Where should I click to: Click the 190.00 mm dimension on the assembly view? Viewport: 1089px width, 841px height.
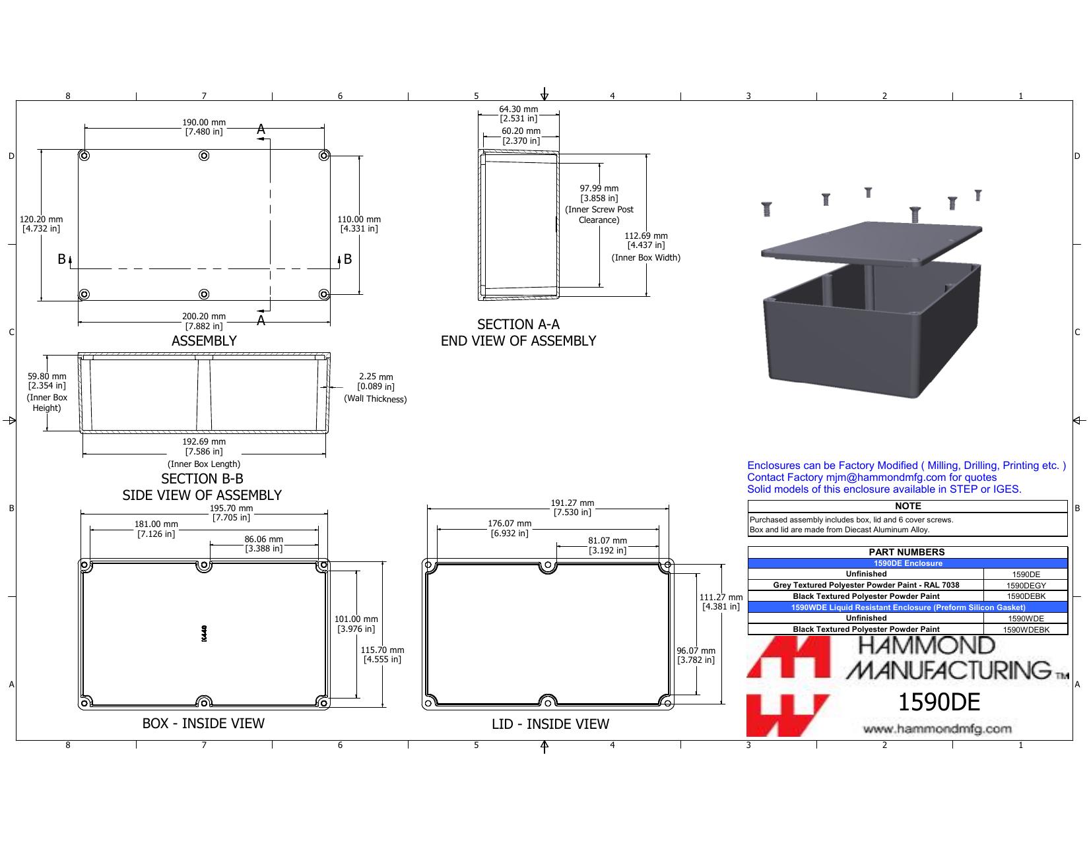pyautogui.click(x=204, y=122)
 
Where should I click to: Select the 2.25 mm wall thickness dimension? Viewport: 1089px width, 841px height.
pyautogui.click(x=376, y=377)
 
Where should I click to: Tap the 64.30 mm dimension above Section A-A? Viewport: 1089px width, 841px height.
pyautogui.click(x=518, y=109)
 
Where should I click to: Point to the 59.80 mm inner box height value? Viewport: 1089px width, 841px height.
pyautogui.click(x=47, y=376)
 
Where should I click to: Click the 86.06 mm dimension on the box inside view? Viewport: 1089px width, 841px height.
pyautogui.click(x=263, y=540)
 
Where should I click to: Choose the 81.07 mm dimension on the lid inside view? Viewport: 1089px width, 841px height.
pyautogui.click(x=607, y=541)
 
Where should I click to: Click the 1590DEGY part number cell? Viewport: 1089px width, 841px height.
pyautogui.click(x=1026, y=586)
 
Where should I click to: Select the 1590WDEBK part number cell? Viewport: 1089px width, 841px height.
pyautogui.click(x=1026, y=630)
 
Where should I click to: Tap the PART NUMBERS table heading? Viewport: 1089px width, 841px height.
pyautogui.click(x=907, y=552)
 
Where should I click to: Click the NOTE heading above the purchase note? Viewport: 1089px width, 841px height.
pyautogui.click(x=908, y=506)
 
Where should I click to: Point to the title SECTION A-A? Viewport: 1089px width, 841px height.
pyautogui.click(x=518, y=325)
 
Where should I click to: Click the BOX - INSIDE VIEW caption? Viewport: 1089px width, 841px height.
pyautogui.click(x=203, y=724)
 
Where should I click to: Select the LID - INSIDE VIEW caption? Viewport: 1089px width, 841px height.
pyautogui.click(x=550, y=724)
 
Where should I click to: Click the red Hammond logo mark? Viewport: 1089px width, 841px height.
pyautogui.click(x=788, y=686)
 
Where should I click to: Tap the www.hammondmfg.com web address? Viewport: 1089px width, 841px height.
pyautogui.click(x=937, y=729)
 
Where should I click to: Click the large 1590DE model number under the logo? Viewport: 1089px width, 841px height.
pyautogui.click(x=939, y=702)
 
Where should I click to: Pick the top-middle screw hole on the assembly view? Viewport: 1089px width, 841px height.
pyautogui.click(x=204, y=156)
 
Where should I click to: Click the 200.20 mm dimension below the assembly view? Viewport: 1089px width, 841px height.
pyautogui.click(x=204, y=317)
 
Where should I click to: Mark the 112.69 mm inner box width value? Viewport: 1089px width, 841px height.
pyautogui.click(x=646, y=236)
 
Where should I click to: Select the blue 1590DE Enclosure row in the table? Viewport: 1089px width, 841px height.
pyautogui.click(x=907, y=563)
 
